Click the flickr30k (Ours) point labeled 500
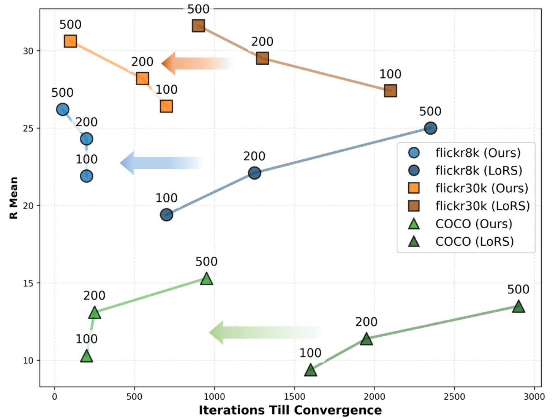click(70, 41)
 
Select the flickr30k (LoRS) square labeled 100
click(390, 91)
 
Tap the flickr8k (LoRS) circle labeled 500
click(430, 128)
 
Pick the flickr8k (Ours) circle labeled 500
click(62, 110)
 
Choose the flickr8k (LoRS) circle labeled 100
click(166, 215)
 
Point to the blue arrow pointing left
click(161, 163)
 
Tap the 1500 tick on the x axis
click(294, 397)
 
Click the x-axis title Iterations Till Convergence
click(290, 410)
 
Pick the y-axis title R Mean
click(14, 198)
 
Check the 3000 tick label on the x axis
click(534, 397)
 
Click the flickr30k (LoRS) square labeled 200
click(262, 58)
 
